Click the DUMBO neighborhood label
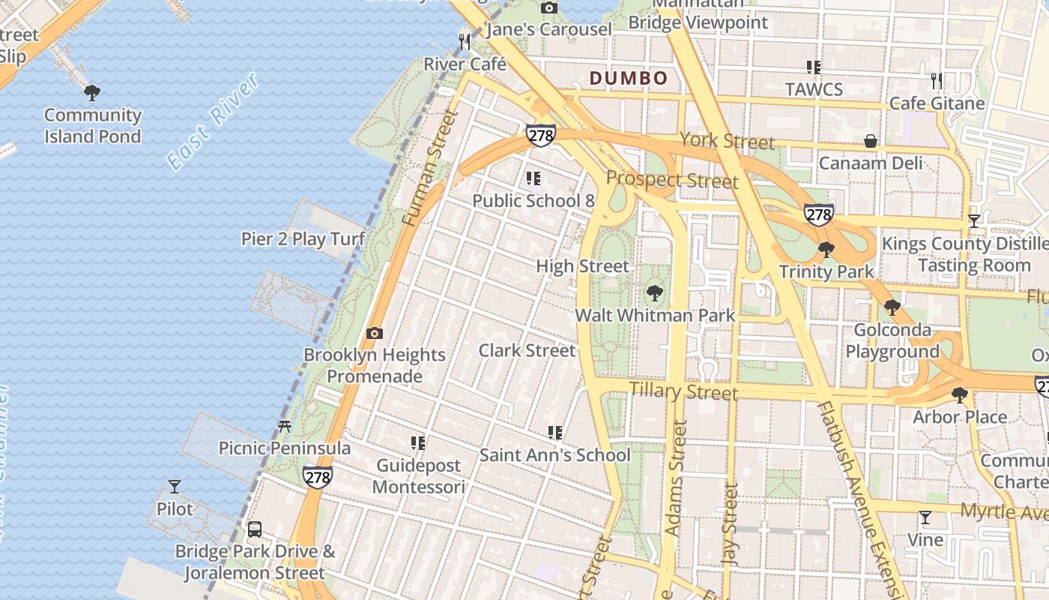pyautogui.click(x=628, y=78)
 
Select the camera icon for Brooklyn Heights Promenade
pyautogui.click(x=374, y=333)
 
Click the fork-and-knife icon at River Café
pyautogui.click(x=465, y=42)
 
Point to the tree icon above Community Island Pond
pyautogui.click(x=92, y=93)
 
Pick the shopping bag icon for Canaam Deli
pyautogui.click(x=871, y=141)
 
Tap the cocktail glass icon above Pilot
pyautogui.click(x=175, y=487)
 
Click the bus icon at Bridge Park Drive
pyautogui.click(x=255, y=529)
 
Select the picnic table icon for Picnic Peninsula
pyautogui.click(x=284, y=427)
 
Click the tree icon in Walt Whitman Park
pyautogui.click(x=655, y=293)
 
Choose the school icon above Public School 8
pyautogui.click(x=533, y=178)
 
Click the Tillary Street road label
pyautogui.click(x=683, y=391)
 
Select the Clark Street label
pyautogui.click(x=527, y=350)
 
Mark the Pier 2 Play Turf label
pyautogui.click(x=303, y=239)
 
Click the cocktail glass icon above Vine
pyautogui.click(x=925, y=517)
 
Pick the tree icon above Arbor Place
pyautogui.click(x=959, y=395)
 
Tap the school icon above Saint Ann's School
pyautogui.click(x=555, y=433)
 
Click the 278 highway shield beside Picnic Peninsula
pyautogui.click(x=318, y=476)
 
